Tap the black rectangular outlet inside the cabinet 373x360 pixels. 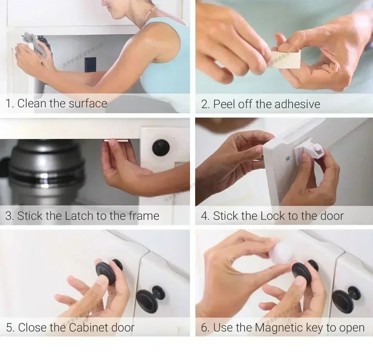[x=90, y=65]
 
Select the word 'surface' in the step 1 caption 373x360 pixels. [x=88, y=104]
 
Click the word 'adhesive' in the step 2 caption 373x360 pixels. [x=297, y=104]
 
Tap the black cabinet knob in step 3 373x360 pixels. [x=161, y=147]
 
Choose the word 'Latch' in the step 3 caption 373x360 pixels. [x=79, y=216]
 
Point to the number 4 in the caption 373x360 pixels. [x=204, y=216]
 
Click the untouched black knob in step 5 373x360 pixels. [x=150, y=299]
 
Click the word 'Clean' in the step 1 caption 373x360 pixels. [x=32, y=104]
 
